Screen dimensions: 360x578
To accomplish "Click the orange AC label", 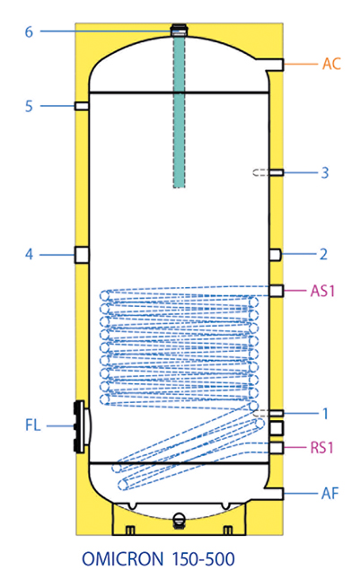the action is [x=331, y=64].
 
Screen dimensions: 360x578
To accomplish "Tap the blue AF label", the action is [x=329, y=494].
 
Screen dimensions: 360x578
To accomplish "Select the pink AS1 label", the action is [x=322, y=291].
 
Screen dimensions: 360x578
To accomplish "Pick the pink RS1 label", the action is [x=321, y=448].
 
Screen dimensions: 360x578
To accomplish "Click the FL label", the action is [x=33, y=425].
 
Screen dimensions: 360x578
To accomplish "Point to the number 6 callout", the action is [x=29, y=31].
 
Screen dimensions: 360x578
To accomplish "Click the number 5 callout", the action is [x=29, y=106].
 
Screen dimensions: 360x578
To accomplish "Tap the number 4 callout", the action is [x=29, y=254].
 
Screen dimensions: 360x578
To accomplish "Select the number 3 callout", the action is [x=325, y=172].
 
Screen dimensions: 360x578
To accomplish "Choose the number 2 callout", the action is [x=323, y=254].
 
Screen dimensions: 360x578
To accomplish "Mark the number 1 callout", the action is [x=325, y=414].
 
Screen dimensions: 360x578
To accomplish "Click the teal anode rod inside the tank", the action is [x=180, y=110].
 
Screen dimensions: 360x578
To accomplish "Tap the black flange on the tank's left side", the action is [x=79, y=426].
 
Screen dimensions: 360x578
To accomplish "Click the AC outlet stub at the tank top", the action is [x=272, y=65].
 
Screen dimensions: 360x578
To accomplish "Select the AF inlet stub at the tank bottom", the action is [x=274, y=494].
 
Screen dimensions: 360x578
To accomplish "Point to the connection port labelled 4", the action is [x=82, y=255].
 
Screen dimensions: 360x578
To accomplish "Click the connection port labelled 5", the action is [x=82, y=106].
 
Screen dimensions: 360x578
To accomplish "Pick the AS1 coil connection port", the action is [x=277, y=291].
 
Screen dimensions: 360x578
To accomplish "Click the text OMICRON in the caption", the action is [x=122, y=559].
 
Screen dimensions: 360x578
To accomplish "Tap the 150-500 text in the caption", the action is [x=203, y=559].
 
